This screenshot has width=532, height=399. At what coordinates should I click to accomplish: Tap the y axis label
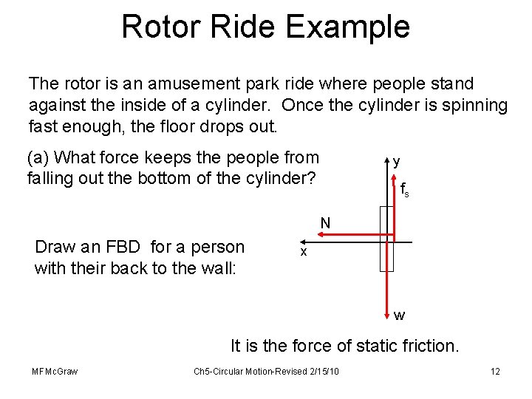pyautogui.click(x=398, y=161)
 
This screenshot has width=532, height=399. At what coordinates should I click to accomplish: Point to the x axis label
pyautogui.click(x=302, y=252)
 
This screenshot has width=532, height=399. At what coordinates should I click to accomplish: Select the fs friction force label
pyautogui.click(x=405, y=189)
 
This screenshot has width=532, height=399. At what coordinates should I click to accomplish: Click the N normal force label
pyautogui.click(x=326, y=223)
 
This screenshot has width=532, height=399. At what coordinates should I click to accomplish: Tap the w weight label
pyautogui.click(x=399, y=316)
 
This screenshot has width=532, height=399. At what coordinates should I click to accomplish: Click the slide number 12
pyautogui.click(x=495, y=371)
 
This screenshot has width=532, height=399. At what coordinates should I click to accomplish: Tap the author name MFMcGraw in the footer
pyautogui.click(x=55, y=371)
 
